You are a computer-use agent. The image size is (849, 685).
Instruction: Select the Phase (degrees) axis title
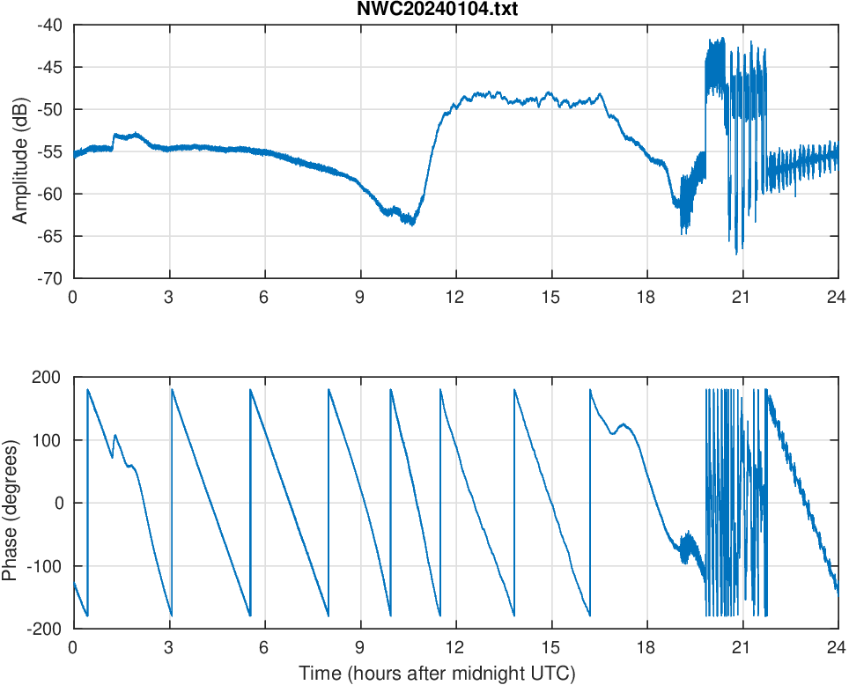[x=11, y=503]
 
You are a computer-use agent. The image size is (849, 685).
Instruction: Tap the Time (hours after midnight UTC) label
[x=437, y=674]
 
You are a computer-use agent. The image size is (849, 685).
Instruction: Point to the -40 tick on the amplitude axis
[x=49, y=25]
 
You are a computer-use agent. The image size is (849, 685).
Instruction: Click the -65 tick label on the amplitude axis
[x=49, y=236]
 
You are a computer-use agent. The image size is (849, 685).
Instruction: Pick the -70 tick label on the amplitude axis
[x=49, y=278]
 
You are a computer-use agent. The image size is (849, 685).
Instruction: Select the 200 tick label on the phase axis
[x=48, y=377]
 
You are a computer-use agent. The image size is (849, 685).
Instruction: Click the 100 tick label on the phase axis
[x=48, y=440]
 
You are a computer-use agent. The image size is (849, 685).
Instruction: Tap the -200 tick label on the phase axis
[x=44, y=629]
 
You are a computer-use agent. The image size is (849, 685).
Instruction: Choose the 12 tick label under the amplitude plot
[x=455, y=298]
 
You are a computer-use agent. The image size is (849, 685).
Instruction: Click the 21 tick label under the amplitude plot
[x=742, y=298]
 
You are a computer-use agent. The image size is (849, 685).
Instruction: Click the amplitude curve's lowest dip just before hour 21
[x=737, y=254]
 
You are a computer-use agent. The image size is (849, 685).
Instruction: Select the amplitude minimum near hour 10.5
[x=411, y=225]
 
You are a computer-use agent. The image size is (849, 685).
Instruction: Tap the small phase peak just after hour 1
[x=114, y=435]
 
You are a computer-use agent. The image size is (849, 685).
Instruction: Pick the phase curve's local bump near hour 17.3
[x=624, y=424]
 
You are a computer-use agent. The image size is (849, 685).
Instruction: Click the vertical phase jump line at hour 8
[x=329, y=502]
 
